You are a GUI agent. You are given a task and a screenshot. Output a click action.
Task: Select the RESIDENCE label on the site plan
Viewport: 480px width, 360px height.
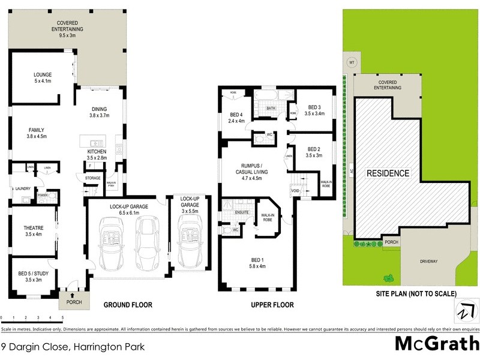click(x=388, y=173)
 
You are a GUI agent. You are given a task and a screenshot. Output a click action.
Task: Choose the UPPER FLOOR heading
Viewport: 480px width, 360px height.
click(x=272, y=305)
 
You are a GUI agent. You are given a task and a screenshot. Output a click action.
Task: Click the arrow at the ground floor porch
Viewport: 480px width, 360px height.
click(x=73, y=295)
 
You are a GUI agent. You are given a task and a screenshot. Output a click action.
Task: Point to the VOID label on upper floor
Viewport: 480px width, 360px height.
click(x=295, y=191)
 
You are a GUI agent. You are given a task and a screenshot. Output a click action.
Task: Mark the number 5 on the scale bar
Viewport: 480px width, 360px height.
click(x=62, y=317)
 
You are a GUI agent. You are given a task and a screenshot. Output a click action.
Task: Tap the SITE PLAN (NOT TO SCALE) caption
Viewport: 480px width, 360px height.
click(x=416, y=293)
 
